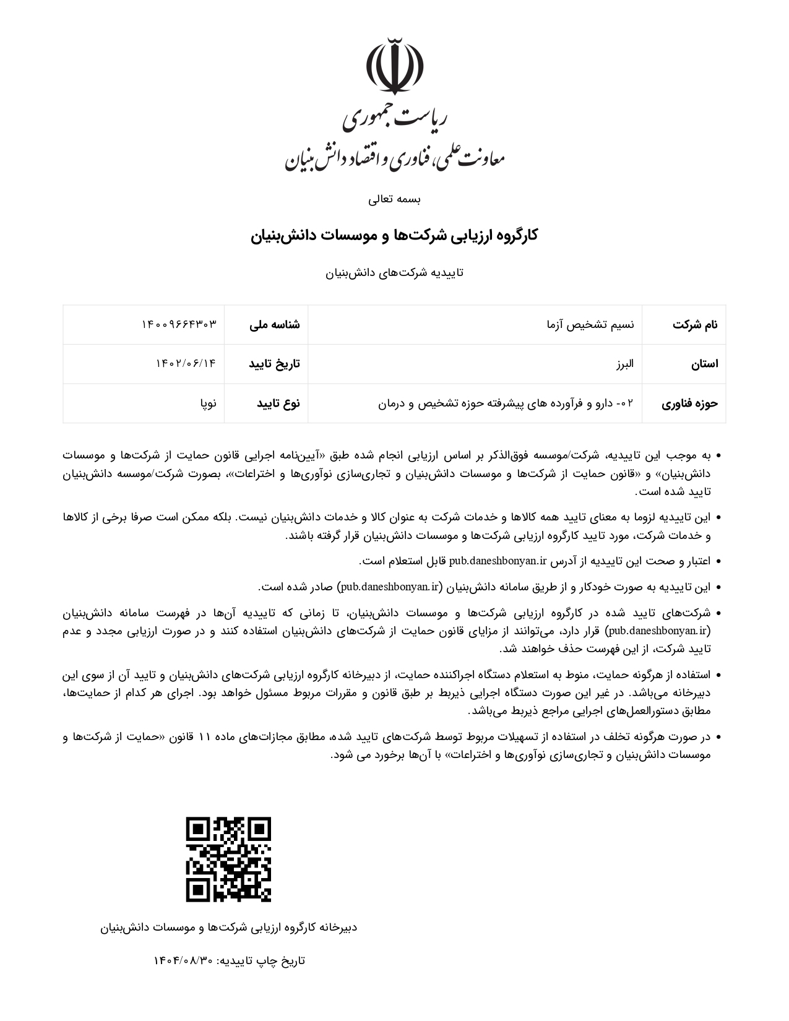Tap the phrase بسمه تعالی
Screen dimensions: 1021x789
(x=394, y=199)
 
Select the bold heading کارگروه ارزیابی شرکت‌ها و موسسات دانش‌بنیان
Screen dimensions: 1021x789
(x=394, y=236)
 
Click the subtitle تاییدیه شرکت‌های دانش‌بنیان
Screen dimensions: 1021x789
(x=394, y=273)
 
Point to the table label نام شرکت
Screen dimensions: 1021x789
(x=695, y=324)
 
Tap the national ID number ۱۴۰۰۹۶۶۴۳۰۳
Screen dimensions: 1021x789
(x=179, y=324)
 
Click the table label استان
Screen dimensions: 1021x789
(x=704, y=364)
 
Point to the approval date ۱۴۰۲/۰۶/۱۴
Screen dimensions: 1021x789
(x=186, y=364)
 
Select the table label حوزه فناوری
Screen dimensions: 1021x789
(x=689, y=403)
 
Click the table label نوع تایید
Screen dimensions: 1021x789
(x=278, y=403)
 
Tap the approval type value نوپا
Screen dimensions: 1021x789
(x=208, y=403)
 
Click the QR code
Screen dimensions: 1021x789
(x=229, y=859)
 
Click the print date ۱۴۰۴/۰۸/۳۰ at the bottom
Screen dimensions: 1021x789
(x=184, y=961)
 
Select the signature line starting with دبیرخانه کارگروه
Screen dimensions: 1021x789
(x=229, y=928)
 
